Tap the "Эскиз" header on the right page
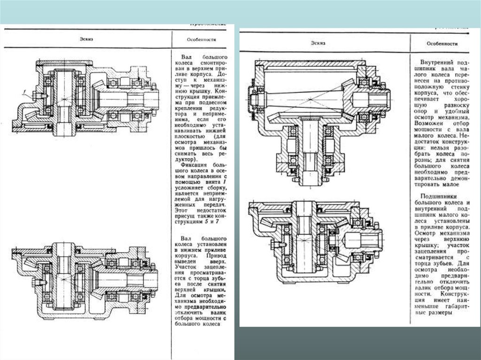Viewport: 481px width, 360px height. [x=318, y=43]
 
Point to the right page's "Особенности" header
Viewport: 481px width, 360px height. [x=442, y=44]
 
